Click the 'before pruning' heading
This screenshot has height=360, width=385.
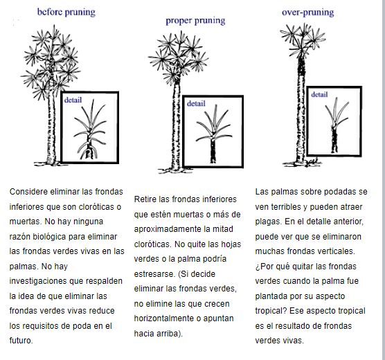[66, 12]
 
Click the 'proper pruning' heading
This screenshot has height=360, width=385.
[195, 21]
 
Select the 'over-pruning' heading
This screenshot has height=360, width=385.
[308, 12]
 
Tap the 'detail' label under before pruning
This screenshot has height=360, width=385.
[73, 100]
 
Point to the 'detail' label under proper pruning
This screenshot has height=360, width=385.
[196, 104]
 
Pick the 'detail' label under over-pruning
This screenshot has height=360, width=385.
[319, 95]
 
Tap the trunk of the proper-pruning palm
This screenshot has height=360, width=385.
[176, 125]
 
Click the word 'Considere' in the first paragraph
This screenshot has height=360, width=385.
[28, 192]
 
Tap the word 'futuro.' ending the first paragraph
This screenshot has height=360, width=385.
[21, 341]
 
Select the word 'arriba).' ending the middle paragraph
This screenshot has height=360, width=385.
[170, 334]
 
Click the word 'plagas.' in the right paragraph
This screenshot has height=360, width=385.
[269, 222]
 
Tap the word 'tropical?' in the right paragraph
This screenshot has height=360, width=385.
[271, 311]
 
